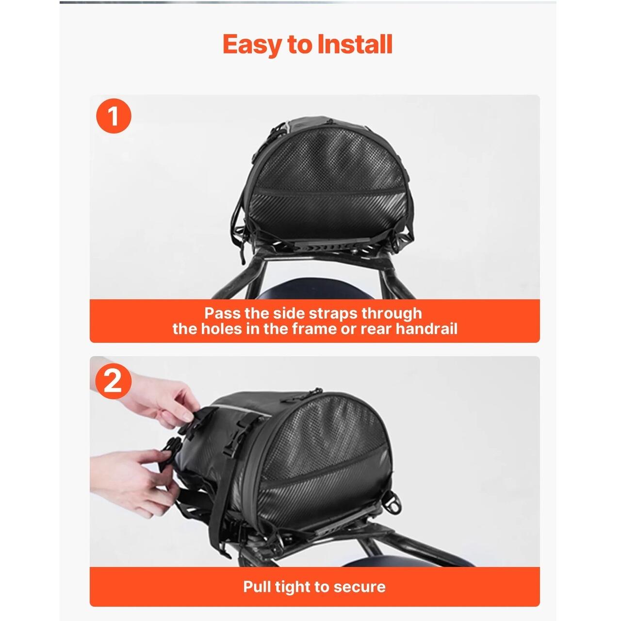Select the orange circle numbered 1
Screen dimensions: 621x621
click(x=114, y=116)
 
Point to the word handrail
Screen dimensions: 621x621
click(x=426, y=329)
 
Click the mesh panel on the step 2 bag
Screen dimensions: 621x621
click(x=326, y=438)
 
